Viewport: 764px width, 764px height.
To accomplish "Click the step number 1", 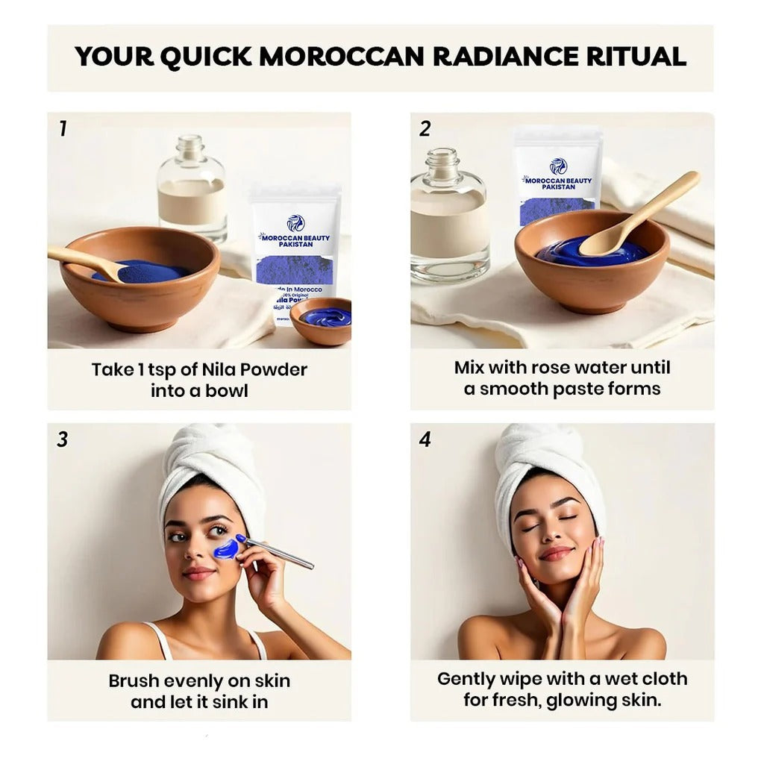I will point(63,129).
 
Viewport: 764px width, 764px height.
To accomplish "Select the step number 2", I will point(425,129).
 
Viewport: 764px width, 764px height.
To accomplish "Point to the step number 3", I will point(63,439).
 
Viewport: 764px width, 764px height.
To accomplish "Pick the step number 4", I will point(425,439).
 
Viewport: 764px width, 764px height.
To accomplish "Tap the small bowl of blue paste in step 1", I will point(322,319).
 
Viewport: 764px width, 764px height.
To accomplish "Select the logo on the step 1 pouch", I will point(295,222).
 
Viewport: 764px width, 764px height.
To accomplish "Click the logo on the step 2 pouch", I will point(558,166).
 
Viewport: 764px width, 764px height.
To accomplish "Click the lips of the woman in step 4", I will point(557,553).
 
